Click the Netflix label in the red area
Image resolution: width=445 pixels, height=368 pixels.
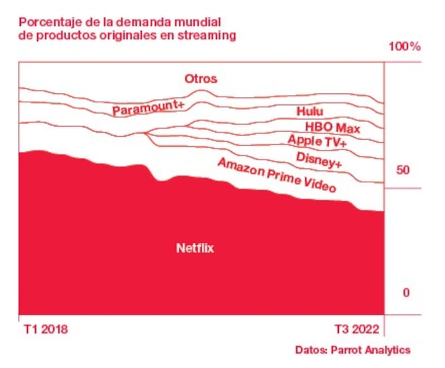point(195,248)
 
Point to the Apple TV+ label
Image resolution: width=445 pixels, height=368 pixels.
point(317,141)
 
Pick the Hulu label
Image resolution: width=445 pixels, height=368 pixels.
point(309,112)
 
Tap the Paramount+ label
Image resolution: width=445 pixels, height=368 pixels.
point(147,107)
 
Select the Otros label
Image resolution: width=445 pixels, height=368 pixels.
point(200,79)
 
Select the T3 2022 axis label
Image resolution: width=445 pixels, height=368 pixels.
point(357,330)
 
